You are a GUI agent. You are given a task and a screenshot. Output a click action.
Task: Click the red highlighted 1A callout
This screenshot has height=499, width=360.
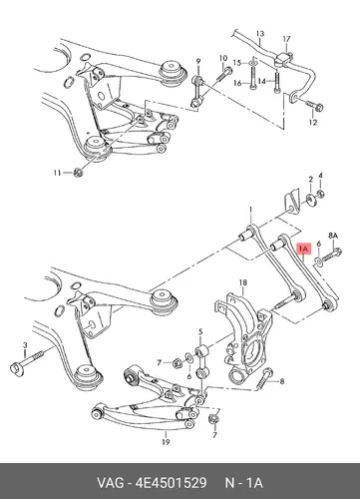click(304, 249)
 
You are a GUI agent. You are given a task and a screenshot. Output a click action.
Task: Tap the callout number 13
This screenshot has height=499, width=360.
click(260, 34)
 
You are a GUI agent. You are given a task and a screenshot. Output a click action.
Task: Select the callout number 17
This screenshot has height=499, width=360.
click(286, 39)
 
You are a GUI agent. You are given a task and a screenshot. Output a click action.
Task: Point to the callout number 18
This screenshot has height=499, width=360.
click(243, 282)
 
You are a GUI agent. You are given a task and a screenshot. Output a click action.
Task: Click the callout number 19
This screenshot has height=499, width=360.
click(166, 442)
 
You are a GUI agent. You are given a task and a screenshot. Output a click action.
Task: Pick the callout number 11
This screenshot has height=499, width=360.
click(58, 173)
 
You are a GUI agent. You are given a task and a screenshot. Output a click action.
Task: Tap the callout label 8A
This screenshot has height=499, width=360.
click(333, 236)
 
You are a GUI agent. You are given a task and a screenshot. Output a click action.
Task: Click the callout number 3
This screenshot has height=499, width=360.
click(25, 345)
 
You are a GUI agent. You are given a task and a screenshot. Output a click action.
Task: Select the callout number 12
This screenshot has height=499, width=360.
click(313, 123)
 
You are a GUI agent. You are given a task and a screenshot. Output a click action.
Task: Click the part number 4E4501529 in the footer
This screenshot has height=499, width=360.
click(171, 483)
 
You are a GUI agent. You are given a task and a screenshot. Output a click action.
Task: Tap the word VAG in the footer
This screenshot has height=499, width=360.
click(110, 483)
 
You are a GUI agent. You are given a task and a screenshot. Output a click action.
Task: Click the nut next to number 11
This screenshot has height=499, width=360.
click(78, 173)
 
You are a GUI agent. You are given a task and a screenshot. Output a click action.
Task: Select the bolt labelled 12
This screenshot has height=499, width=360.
click(313, 106)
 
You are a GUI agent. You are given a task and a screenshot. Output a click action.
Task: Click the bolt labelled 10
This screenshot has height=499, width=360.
click(224, 74)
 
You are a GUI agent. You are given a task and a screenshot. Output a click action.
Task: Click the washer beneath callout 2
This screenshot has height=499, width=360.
click(311, 201)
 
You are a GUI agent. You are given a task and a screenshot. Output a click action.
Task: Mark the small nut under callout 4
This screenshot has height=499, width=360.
click(321, 194)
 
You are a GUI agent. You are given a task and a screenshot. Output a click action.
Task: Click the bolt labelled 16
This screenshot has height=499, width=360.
click(252, 78)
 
